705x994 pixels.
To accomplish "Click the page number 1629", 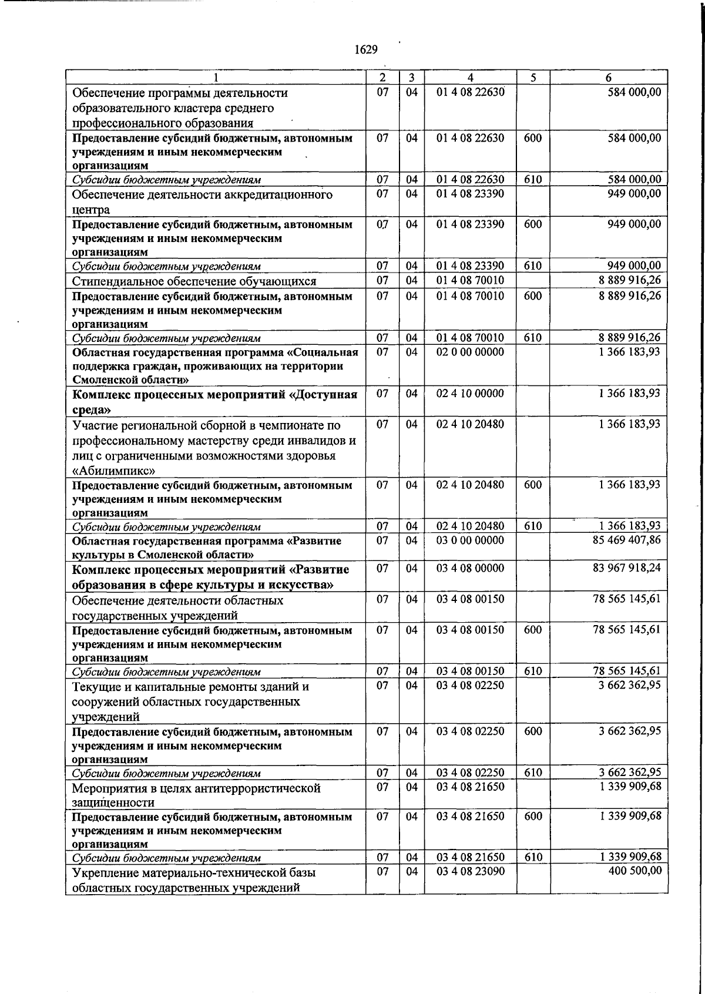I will (x=366, y=50).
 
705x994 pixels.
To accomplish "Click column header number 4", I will (x=470, y=78).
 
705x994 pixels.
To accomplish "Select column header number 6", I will (x=609, y=78).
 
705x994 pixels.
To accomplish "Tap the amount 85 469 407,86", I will (x=627, y=539).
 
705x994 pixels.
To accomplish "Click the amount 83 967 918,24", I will (x=627, y=568).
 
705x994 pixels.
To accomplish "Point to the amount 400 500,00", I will (x=636, y=870).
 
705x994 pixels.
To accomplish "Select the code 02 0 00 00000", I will (x=470, y=351).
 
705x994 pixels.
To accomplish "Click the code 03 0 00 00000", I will (x=470, y=539).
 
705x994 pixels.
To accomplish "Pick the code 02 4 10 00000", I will (x=470, y=393).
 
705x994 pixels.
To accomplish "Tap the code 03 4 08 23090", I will (x=470, y=870).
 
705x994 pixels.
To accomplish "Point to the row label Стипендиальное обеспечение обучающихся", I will (x=194, y=281).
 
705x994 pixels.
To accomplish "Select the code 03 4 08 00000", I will (x=470, y=568).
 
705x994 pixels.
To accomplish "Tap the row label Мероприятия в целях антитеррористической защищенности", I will (x=196, y=795).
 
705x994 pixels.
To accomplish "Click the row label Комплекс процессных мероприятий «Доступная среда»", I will (x=214, y=401).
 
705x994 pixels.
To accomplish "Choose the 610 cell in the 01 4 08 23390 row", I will (x=533, y=266).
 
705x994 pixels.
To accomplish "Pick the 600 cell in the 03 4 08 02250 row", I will (x=533, y=731).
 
